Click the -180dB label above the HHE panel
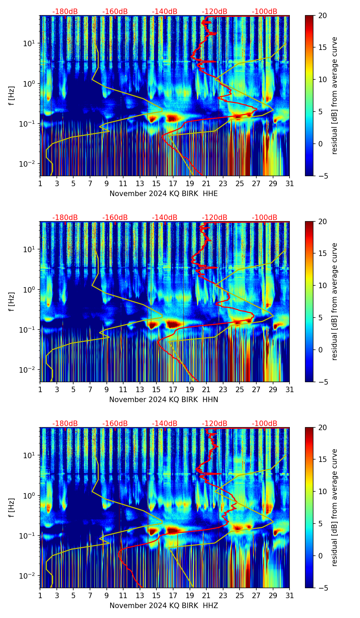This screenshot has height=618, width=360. [65, 12]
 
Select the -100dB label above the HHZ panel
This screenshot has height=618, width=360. [265, 424]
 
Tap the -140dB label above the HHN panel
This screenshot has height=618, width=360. [165, 218]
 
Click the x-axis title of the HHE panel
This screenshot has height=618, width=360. [164, 194]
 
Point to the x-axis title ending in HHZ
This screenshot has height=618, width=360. [164, 606]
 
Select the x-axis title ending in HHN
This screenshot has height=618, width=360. [164, 400]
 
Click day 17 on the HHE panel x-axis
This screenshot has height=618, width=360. [173, 184]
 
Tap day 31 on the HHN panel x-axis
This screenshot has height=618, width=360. [290, 390]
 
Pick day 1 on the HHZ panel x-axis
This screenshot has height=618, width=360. [40, 596]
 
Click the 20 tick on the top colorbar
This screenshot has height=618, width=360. [321, 15]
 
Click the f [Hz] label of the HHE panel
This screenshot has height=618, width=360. [12, 96]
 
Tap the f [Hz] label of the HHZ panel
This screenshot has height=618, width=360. [12, 508]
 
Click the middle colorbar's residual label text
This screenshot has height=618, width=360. [335, 301]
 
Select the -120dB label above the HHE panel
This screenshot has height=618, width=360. [215, 12]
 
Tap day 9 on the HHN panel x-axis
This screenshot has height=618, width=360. [107, 390]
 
